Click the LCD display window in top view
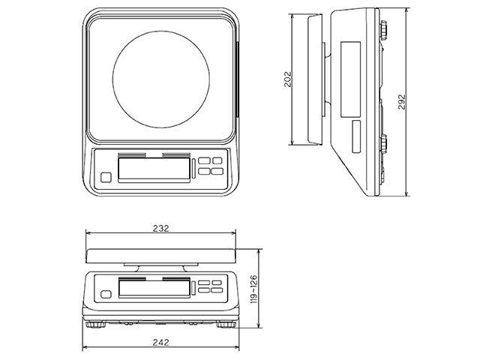[154, 169]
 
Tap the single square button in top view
[106, 178]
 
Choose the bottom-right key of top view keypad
[217, 172]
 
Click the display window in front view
[153, 287]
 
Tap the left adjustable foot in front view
[97, 325]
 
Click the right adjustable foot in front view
[223, 325]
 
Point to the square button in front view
[106, 294]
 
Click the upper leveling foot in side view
[384, 31]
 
